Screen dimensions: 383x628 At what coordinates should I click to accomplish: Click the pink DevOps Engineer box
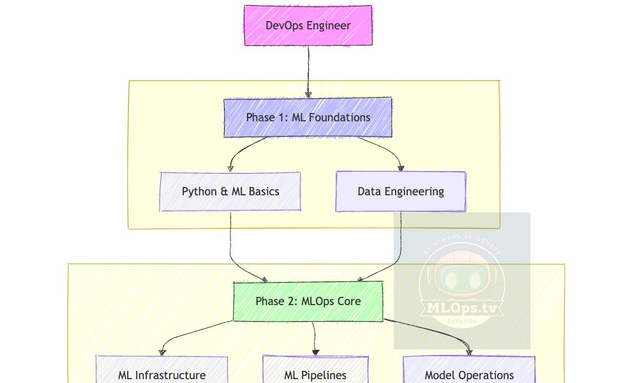point(308,26)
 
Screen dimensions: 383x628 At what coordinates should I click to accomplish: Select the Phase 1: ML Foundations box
point(308,117)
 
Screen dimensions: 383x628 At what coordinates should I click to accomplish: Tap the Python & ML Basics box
point(230,191)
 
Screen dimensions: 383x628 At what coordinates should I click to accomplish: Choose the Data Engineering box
point(401,191)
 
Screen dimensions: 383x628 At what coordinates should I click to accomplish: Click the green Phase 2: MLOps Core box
point(308,301)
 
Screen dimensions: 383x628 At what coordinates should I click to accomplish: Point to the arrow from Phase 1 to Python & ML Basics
point(243,151)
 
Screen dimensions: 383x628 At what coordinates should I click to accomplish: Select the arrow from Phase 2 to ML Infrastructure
point(191,333)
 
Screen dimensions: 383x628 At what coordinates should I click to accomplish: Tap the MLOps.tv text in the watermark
point(461,308)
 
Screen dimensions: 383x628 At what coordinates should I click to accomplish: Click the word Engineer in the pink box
point(329,26)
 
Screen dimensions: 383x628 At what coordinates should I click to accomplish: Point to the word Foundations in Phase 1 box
point(340,117)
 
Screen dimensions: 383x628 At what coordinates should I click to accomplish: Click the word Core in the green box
point(348,301)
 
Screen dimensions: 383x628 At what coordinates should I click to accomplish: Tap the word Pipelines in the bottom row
point(323,375)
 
